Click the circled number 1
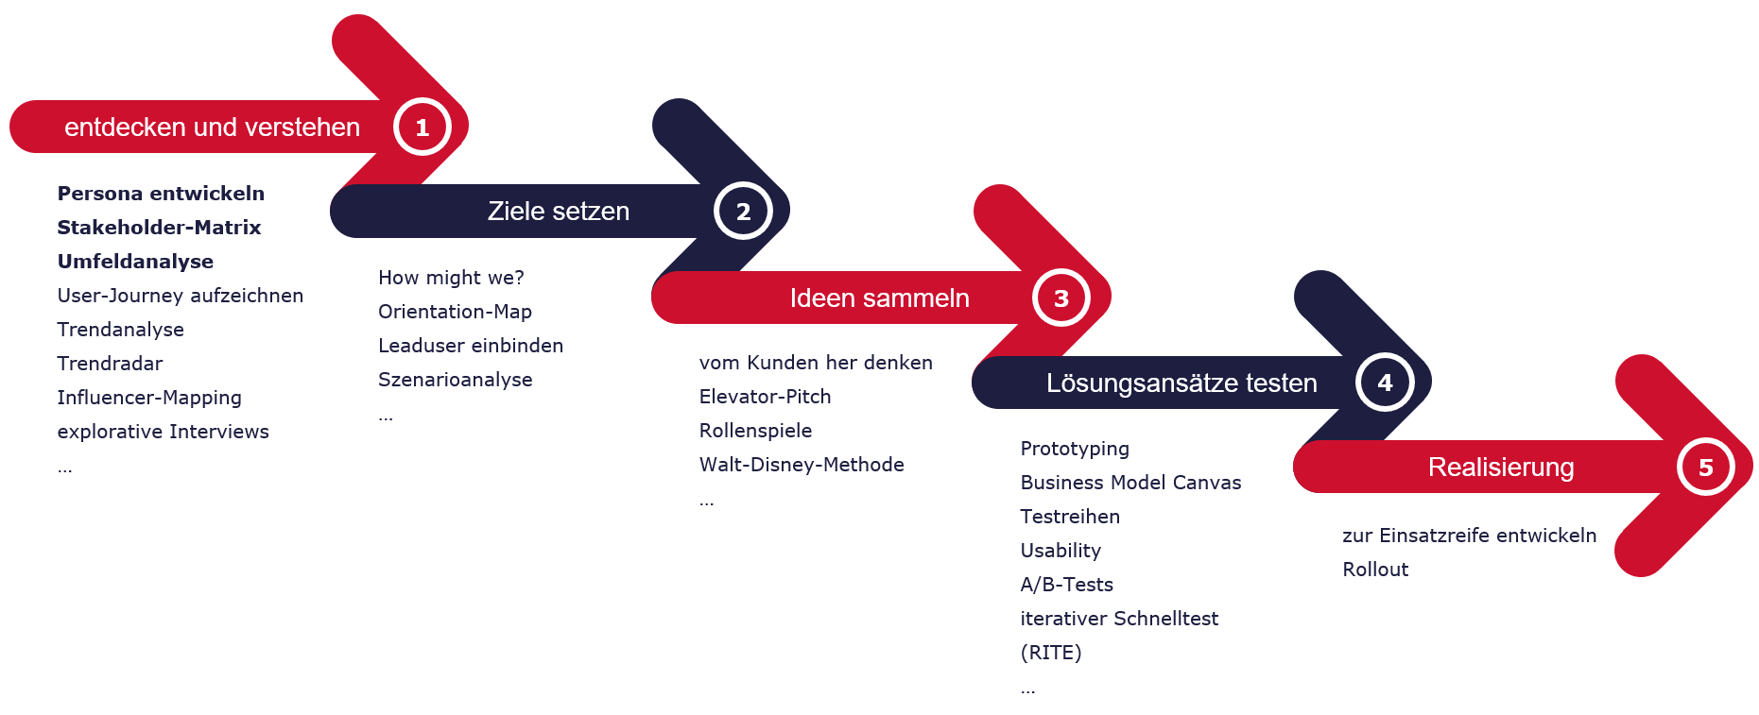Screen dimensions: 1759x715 pos(422,127)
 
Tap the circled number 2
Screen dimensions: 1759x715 pos(743,211)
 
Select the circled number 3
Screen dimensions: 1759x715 pos(1061,298)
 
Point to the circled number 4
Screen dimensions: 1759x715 pos(1385,383)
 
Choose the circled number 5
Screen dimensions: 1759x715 pos(1706,467)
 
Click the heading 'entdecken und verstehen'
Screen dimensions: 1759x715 pos(212,127)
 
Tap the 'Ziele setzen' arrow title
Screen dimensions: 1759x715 pos(559,211)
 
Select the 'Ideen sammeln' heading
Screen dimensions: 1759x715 pos(880,298)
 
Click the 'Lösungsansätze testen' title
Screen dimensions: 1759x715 pos(1181,383)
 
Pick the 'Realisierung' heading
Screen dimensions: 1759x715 pos(1501,467)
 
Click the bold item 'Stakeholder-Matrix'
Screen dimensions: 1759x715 pos(159,228)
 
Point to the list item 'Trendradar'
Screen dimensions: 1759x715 pos(110,364)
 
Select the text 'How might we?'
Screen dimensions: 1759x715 pos(451,278)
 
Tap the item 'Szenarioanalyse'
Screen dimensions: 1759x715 pos(456,380)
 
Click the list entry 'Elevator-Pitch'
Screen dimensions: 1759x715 pos(765,397)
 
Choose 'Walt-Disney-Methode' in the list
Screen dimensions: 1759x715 pos(802,465)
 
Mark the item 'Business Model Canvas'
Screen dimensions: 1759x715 pos(1130,483)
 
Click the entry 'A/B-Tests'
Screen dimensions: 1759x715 pos(1067,585)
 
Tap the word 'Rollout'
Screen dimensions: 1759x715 pos(1375,570)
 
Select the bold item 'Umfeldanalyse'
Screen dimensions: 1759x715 pos(135,262)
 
